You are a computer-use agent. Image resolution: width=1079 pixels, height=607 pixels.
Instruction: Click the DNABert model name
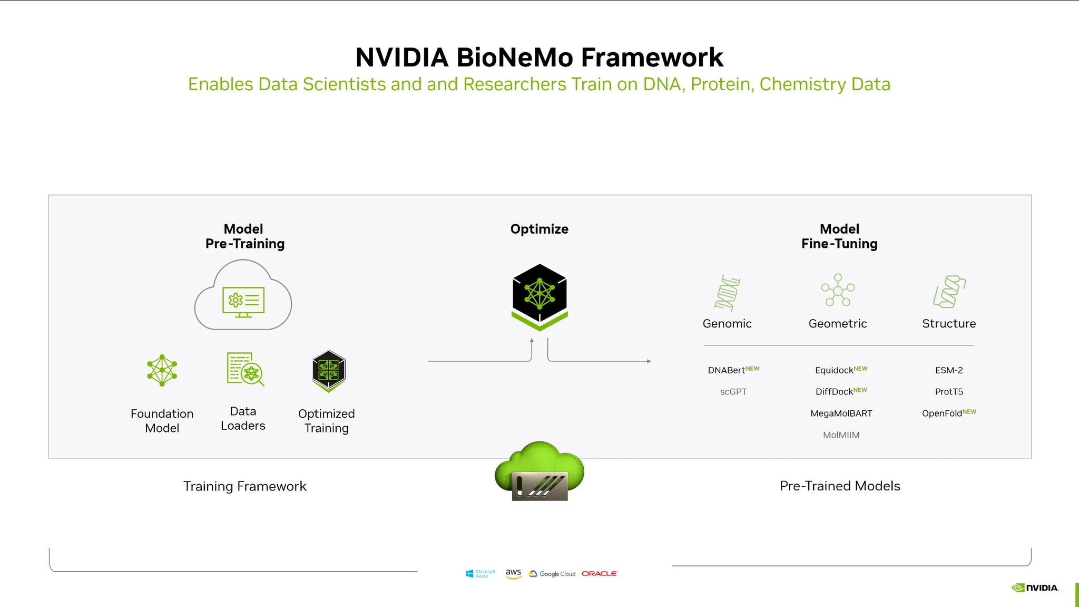pyautogui.click(x=727, y=370)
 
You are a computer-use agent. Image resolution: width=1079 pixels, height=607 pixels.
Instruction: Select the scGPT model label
pyautogui.click(x=733, y=392)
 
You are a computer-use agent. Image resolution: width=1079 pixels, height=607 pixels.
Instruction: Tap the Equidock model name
pyautogui.click(x=834, y=370)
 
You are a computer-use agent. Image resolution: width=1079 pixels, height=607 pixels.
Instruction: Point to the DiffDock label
pyautogui.click(x=834, y=392)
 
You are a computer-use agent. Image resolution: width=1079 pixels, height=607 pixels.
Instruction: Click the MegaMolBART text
pyautogui.click(x=841, y=413)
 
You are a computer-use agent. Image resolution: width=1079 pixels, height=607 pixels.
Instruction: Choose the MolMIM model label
pyautogui.click(x=841, y=435)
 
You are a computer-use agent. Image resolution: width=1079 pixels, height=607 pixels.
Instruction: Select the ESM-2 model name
pyautogui.click(x=949, y=370)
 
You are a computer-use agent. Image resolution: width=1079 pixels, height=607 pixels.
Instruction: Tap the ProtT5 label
pyautogui.click(x=949, y=392)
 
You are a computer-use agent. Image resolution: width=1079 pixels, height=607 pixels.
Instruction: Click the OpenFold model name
pyautogui.click(x=942, y=413)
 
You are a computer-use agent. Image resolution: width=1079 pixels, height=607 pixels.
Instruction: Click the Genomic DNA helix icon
pyautogui.click(x=728, y=293)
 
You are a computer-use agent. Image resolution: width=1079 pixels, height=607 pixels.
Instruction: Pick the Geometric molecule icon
pyautogui.click(x=838, y=290)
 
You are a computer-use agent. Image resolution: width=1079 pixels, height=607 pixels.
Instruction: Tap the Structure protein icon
pyautogui.click(x=949, y=291)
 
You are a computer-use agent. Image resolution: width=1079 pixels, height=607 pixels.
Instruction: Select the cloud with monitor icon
pyautogui.click(x=243, y=295)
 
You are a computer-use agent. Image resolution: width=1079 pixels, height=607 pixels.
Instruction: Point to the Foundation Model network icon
pyautogui.click(x=162, y=370)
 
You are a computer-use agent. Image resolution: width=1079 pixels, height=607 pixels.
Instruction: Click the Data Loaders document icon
pyautogui.click(x=244, y=369)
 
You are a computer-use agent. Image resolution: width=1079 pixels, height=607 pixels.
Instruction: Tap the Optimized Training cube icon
pyautogui.click(x=329, y=371)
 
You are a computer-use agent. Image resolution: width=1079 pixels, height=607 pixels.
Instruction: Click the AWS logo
pyautogui.click(x=513, y=573)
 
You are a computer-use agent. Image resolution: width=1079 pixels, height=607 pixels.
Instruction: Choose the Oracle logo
pyautogui.click(x=599, y=573)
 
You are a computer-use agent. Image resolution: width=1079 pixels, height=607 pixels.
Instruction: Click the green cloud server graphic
pyautogui.click(x=539, y=471)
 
